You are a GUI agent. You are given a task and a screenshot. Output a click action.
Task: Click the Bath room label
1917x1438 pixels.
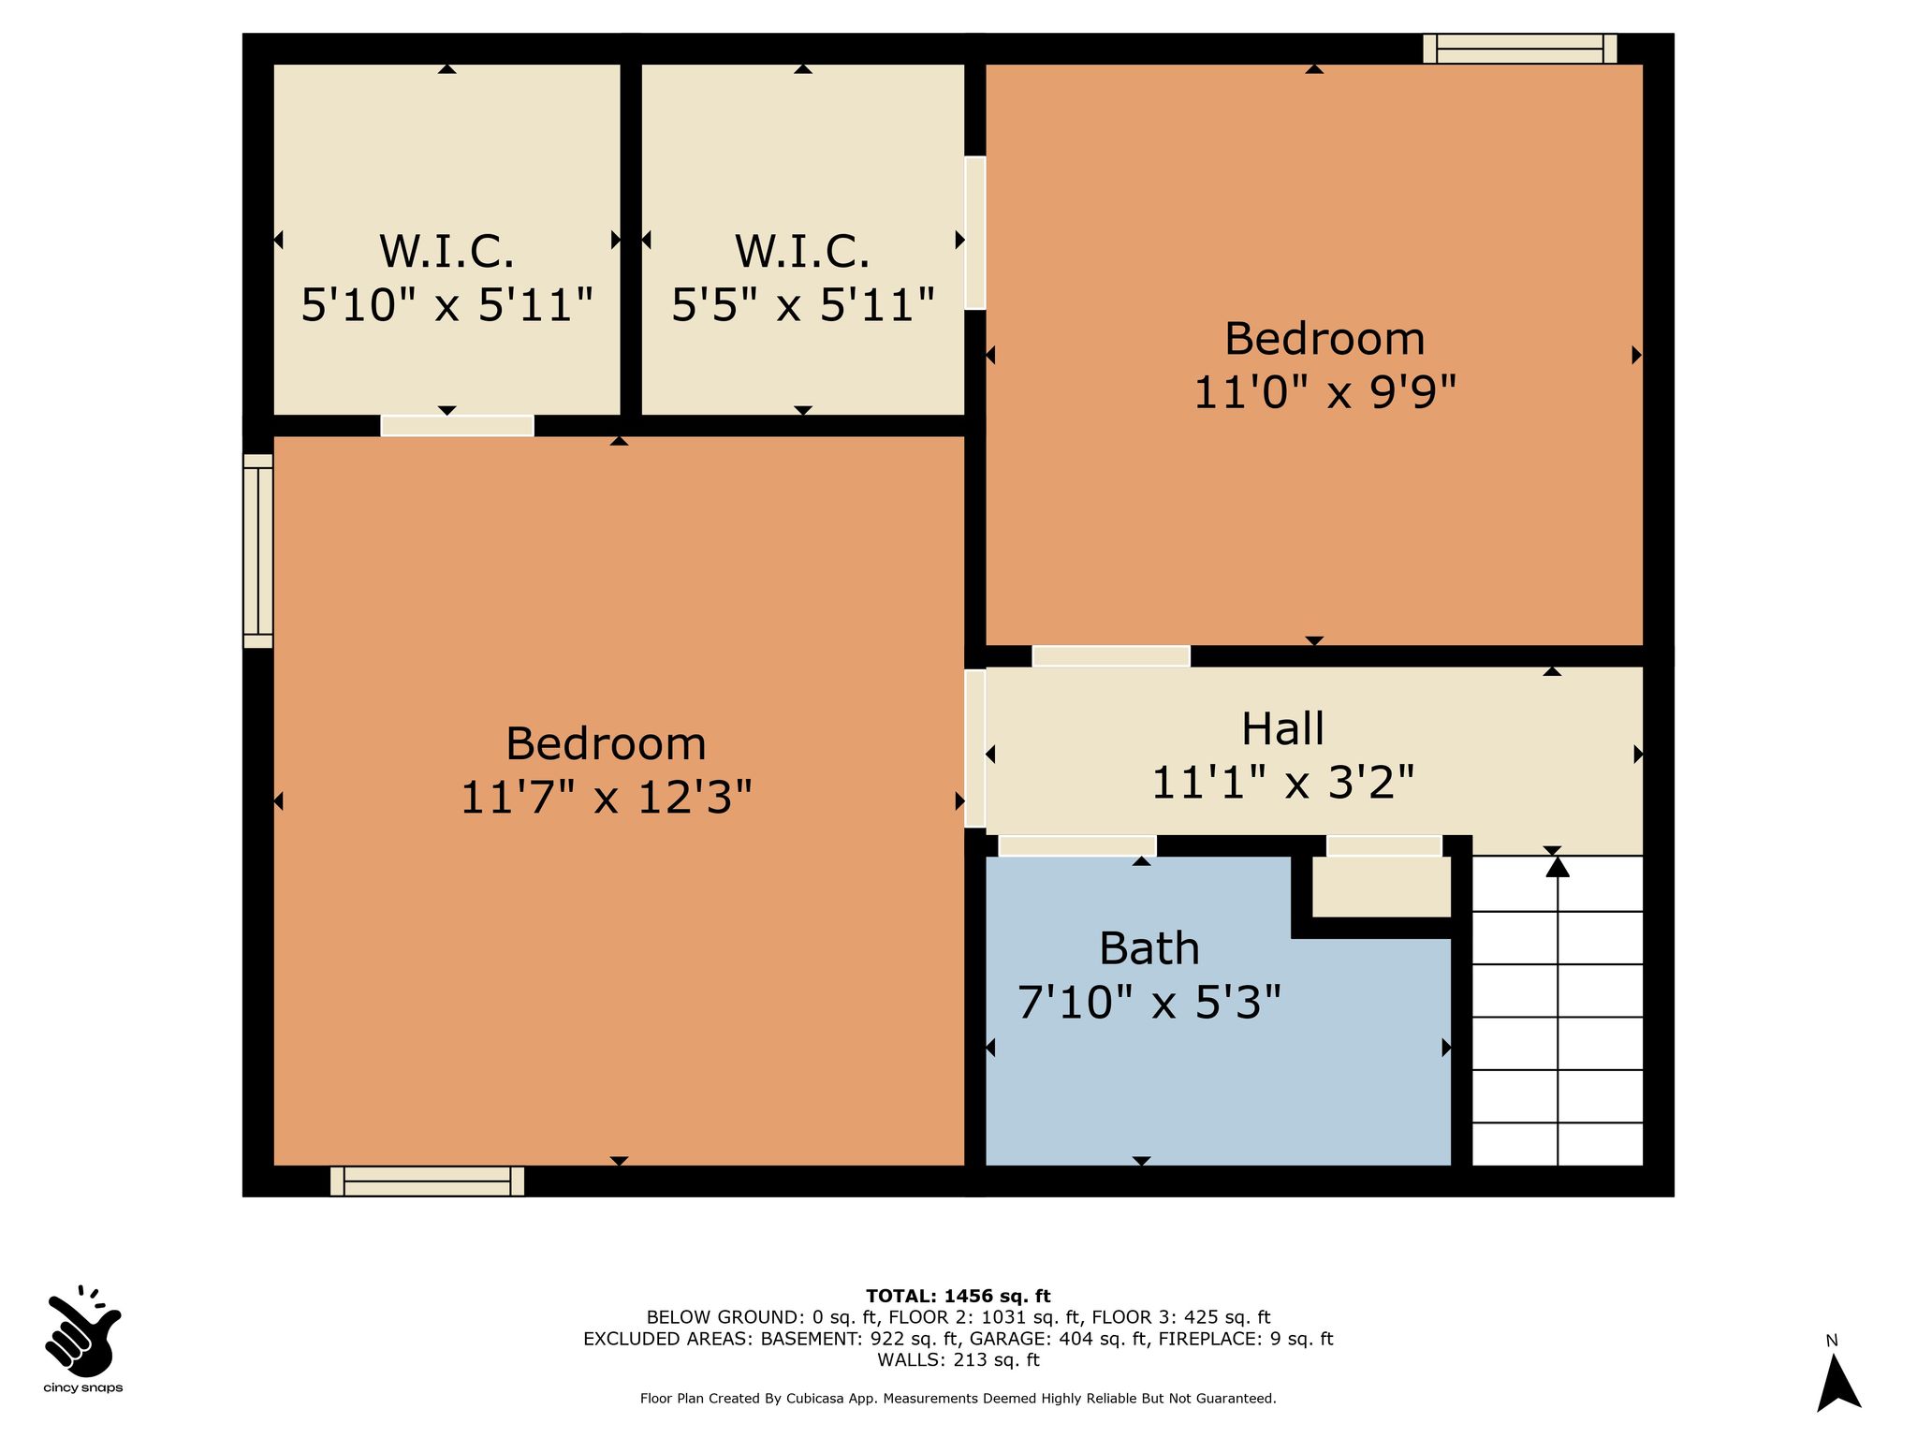1149,948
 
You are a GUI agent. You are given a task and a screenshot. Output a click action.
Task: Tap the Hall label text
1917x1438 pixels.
1282,729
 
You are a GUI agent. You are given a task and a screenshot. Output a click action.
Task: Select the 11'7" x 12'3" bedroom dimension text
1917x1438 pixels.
606,798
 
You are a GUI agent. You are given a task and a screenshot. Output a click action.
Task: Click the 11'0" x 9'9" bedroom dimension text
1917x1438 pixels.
1324,392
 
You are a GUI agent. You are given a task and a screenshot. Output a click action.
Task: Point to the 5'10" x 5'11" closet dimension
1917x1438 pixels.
446,305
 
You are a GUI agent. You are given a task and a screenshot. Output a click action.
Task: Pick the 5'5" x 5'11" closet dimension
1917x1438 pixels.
803,305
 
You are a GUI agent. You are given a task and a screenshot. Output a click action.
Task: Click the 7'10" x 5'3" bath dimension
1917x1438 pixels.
1149,1003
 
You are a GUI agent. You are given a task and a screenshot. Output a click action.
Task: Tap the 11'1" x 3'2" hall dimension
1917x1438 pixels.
1282,783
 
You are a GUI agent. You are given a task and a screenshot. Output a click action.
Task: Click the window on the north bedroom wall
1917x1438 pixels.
1520,49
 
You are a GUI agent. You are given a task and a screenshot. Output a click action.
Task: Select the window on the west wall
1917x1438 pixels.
258,551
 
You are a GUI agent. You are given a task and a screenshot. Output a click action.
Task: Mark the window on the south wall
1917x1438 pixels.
427,1181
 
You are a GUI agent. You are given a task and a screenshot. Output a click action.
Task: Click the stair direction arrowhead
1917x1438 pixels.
1558,867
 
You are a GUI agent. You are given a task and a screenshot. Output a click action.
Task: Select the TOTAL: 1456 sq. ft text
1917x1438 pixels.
958,1297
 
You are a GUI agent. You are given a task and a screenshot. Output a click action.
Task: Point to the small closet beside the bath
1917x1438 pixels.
1381,887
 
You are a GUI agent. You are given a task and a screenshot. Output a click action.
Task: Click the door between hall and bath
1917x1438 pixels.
1077,845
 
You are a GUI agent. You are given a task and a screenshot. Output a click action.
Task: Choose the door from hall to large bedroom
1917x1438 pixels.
975,748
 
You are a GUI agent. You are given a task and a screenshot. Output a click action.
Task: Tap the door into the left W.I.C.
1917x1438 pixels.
457,426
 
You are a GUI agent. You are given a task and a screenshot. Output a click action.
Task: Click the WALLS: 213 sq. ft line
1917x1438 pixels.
958,1360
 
